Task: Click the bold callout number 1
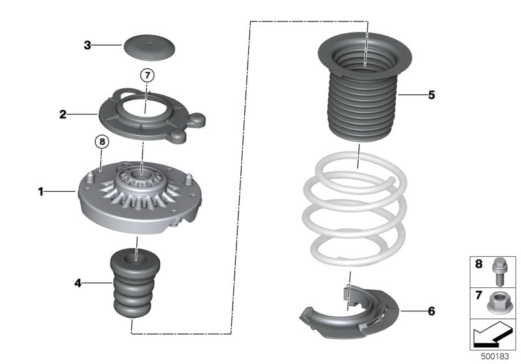point(40,192)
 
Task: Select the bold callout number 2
point(63,114)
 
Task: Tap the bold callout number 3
point(87,45)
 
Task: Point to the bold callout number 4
point(77,283)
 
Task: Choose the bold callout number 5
point(431,95)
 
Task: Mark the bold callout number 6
point(431,311)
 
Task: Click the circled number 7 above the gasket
point(147,76)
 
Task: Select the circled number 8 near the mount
point(100,140)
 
